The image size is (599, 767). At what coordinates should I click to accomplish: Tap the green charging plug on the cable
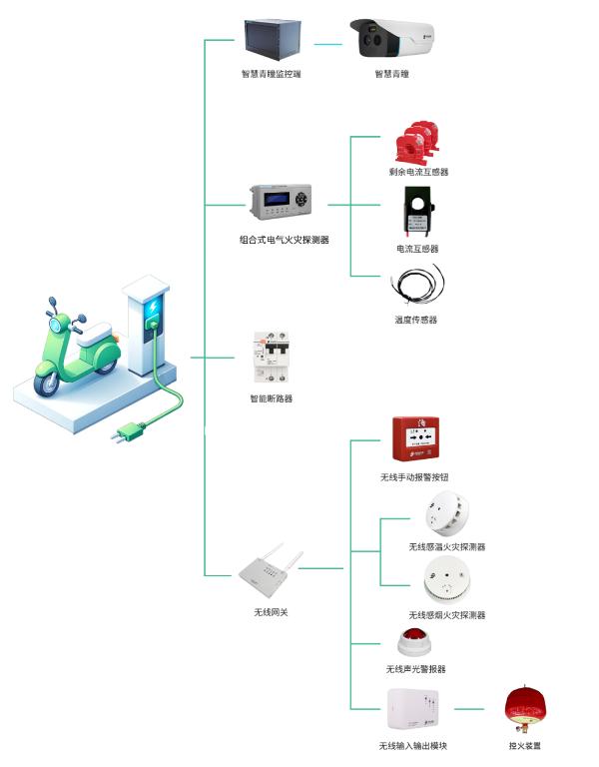pyautogui.click(x=131, y=431)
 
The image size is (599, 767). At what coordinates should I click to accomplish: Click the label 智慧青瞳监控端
pyautogui.click(x=272, y=74)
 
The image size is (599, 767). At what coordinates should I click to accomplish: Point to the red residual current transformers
pyautogui.click(x=417, y=143)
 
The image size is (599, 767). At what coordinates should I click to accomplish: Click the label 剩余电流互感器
pyautogui.click(x=418, y=172)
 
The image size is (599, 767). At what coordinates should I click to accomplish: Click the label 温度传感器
pyautogui.click(x=416, y=320)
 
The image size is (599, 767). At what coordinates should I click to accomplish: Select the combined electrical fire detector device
pyautogui.click(x=285, y=204)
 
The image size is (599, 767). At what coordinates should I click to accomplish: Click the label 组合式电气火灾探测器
pyautogui.click(x=285, y=240)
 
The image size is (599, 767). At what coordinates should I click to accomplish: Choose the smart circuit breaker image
pyautogui.click(x=272, y=358)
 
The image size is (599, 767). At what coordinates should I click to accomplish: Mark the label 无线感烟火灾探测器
pyautogui.click(x=446, y=615)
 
